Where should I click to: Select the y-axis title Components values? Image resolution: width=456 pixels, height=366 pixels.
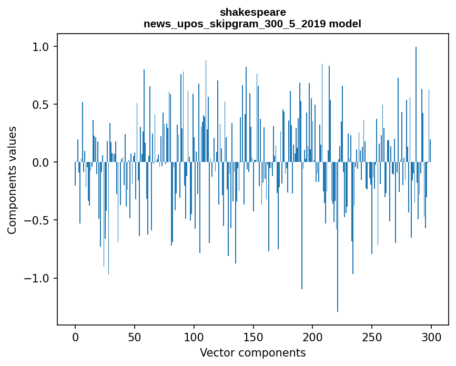[x=12, y=180]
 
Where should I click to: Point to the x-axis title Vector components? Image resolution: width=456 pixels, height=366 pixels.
[x=252, y=352]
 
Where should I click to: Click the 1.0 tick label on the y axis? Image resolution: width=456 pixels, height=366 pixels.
[x=40, y=47]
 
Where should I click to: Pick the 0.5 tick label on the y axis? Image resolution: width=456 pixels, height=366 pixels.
[x=40, y=105]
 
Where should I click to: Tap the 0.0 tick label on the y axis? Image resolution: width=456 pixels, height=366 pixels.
[x=40, y=162]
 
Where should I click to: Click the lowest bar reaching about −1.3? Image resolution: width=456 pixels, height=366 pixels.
[x=338, y=237]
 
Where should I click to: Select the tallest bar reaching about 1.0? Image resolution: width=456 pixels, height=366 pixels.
[x=416, y=105]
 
